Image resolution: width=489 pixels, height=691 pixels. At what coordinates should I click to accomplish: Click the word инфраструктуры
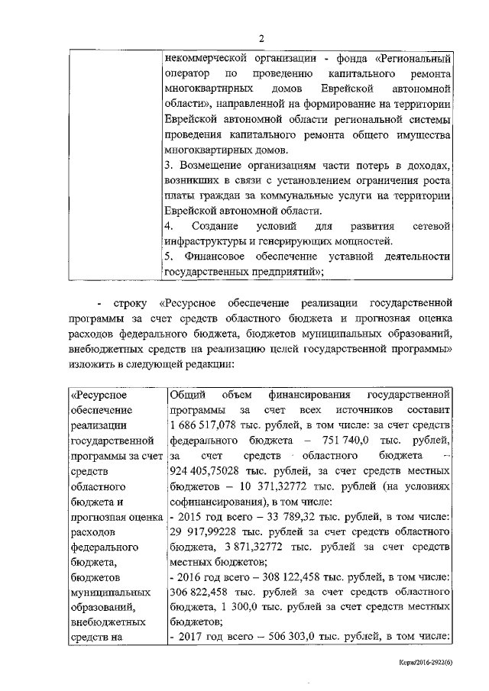coord(206,241)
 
